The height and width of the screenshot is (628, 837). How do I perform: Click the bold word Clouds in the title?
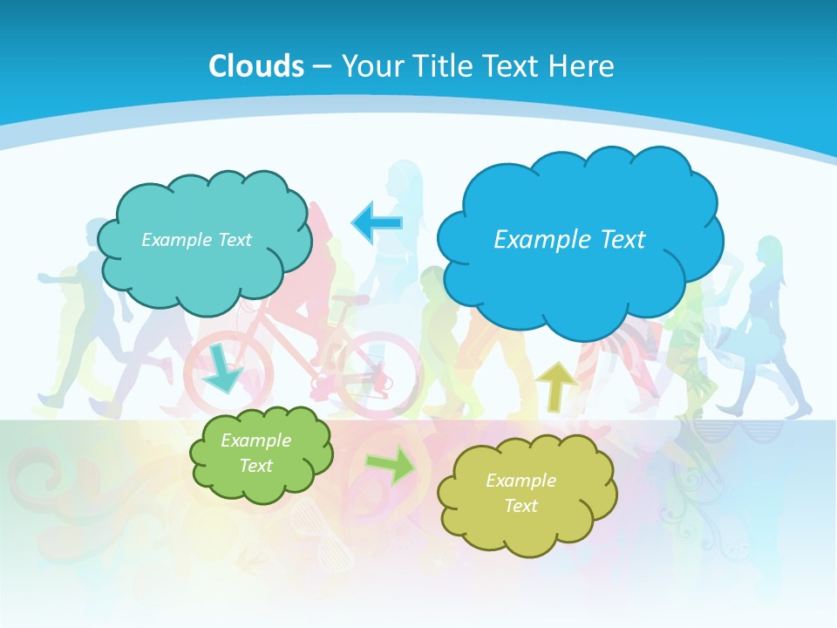tap(256, 66)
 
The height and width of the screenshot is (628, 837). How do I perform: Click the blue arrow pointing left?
tap(377, 222)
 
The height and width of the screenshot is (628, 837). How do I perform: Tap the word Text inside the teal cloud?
tap(234, 240)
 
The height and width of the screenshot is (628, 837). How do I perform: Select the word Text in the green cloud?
tap(255, 466)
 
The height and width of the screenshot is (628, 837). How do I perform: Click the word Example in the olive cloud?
tap(521, 481)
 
